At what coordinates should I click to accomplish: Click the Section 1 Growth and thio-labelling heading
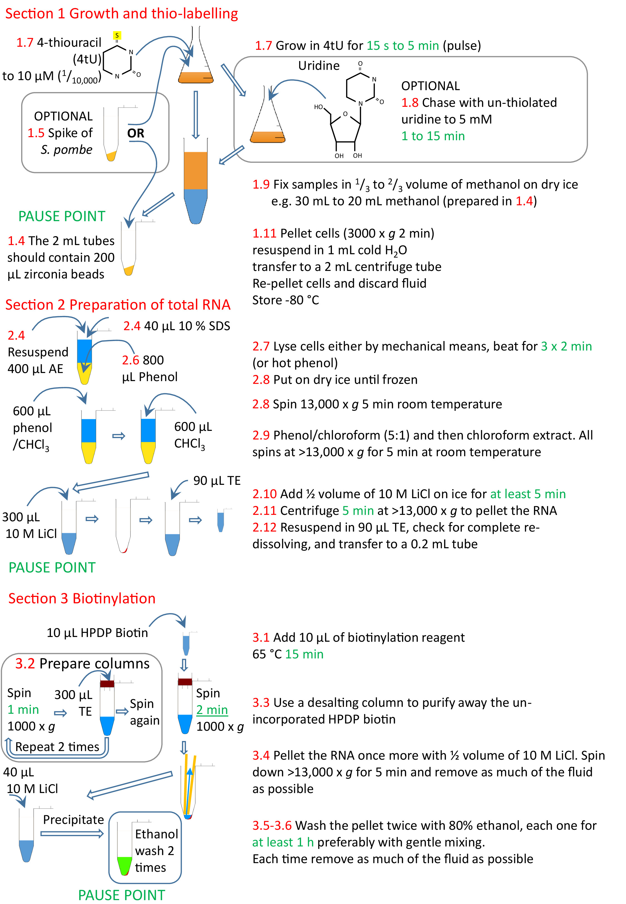121,14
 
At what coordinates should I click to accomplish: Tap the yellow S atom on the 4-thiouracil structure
117,36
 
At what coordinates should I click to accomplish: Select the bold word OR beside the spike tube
136,133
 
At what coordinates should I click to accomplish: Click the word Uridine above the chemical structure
319,65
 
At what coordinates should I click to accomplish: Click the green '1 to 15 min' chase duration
433,136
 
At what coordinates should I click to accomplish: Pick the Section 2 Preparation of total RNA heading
118,305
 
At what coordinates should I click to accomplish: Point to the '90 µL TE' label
216,481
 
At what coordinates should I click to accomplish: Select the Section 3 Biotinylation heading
82,598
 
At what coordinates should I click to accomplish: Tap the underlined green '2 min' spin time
212,710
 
